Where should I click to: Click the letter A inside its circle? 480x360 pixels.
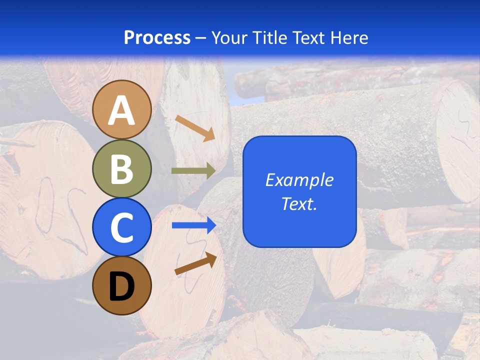(x=122, y=110)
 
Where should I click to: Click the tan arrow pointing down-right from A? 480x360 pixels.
(x=195, y=128)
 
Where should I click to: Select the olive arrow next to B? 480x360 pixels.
(x=193, y=170)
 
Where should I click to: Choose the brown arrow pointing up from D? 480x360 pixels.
(x=195, y=263)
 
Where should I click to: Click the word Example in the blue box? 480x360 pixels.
(x=299, y=180)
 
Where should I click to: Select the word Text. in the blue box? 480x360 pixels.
(x=299, y=203)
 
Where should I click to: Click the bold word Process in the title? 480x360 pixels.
(x=157, y=37)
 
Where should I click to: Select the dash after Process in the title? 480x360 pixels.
(x=200, y=38)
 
